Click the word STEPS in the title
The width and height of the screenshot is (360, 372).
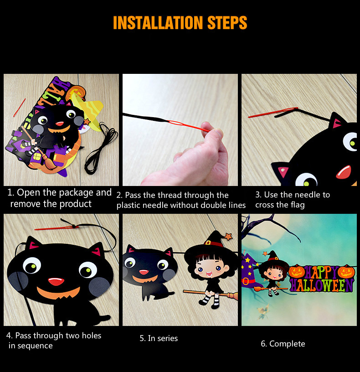(227, 23)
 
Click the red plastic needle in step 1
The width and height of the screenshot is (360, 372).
(20, 108)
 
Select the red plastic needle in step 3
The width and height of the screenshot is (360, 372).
(273, 112)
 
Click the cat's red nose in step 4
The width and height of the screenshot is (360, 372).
(56, 281)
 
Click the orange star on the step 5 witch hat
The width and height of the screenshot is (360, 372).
(228, 236)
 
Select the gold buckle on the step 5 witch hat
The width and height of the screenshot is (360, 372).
(208, 243)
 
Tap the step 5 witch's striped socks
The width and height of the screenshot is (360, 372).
(210, 300)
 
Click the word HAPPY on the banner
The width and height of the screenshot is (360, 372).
(321, 272)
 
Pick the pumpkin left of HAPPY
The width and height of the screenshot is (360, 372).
(297, 272)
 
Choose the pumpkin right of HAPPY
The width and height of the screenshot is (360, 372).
(346, 272)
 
